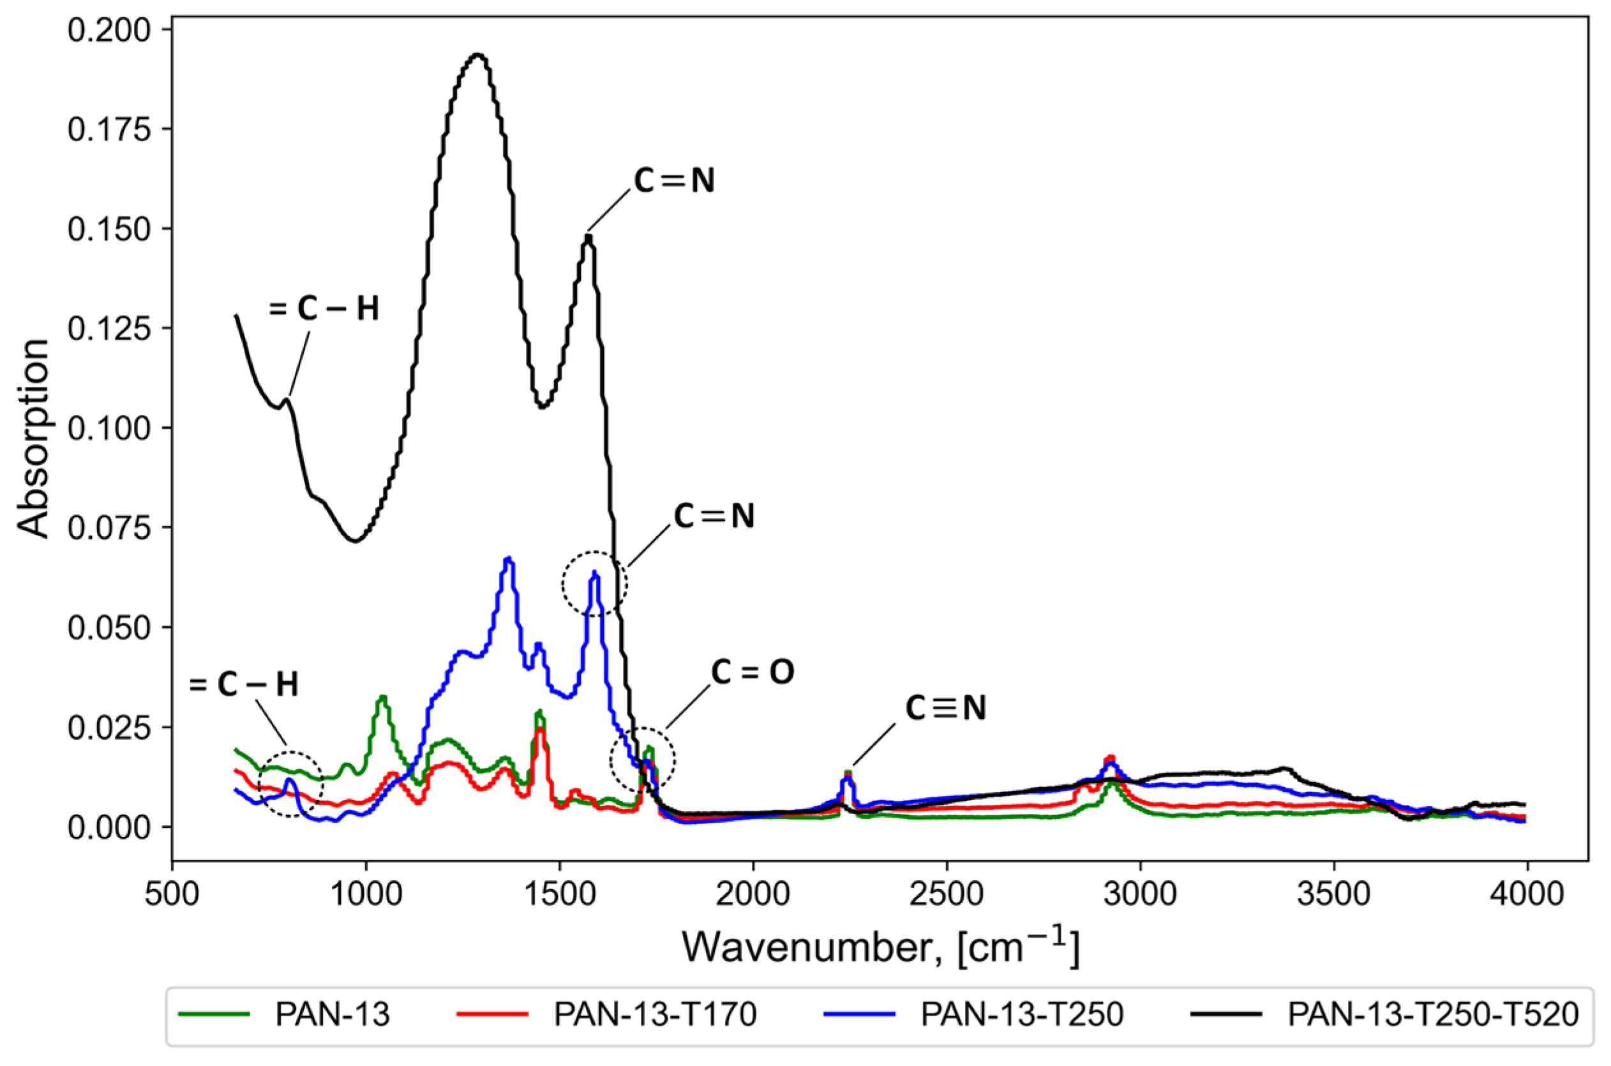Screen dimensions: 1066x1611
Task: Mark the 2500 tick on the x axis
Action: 947,895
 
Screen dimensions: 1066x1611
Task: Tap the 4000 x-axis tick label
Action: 1527,895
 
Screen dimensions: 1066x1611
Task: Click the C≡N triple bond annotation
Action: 945,709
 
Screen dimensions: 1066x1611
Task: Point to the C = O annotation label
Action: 753,672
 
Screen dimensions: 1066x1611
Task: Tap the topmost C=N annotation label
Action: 674,181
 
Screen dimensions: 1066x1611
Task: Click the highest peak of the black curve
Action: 478,54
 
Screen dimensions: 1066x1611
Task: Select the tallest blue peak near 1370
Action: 509,559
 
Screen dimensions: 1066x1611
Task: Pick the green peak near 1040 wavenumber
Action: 383,698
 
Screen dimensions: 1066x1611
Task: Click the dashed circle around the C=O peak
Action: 642,760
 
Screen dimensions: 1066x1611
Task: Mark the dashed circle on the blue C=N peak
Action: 595,583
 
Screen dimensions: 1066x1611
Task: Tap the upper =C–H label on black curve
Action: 324,309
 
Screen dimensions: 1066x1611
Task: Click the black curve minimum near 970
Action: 355,541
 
